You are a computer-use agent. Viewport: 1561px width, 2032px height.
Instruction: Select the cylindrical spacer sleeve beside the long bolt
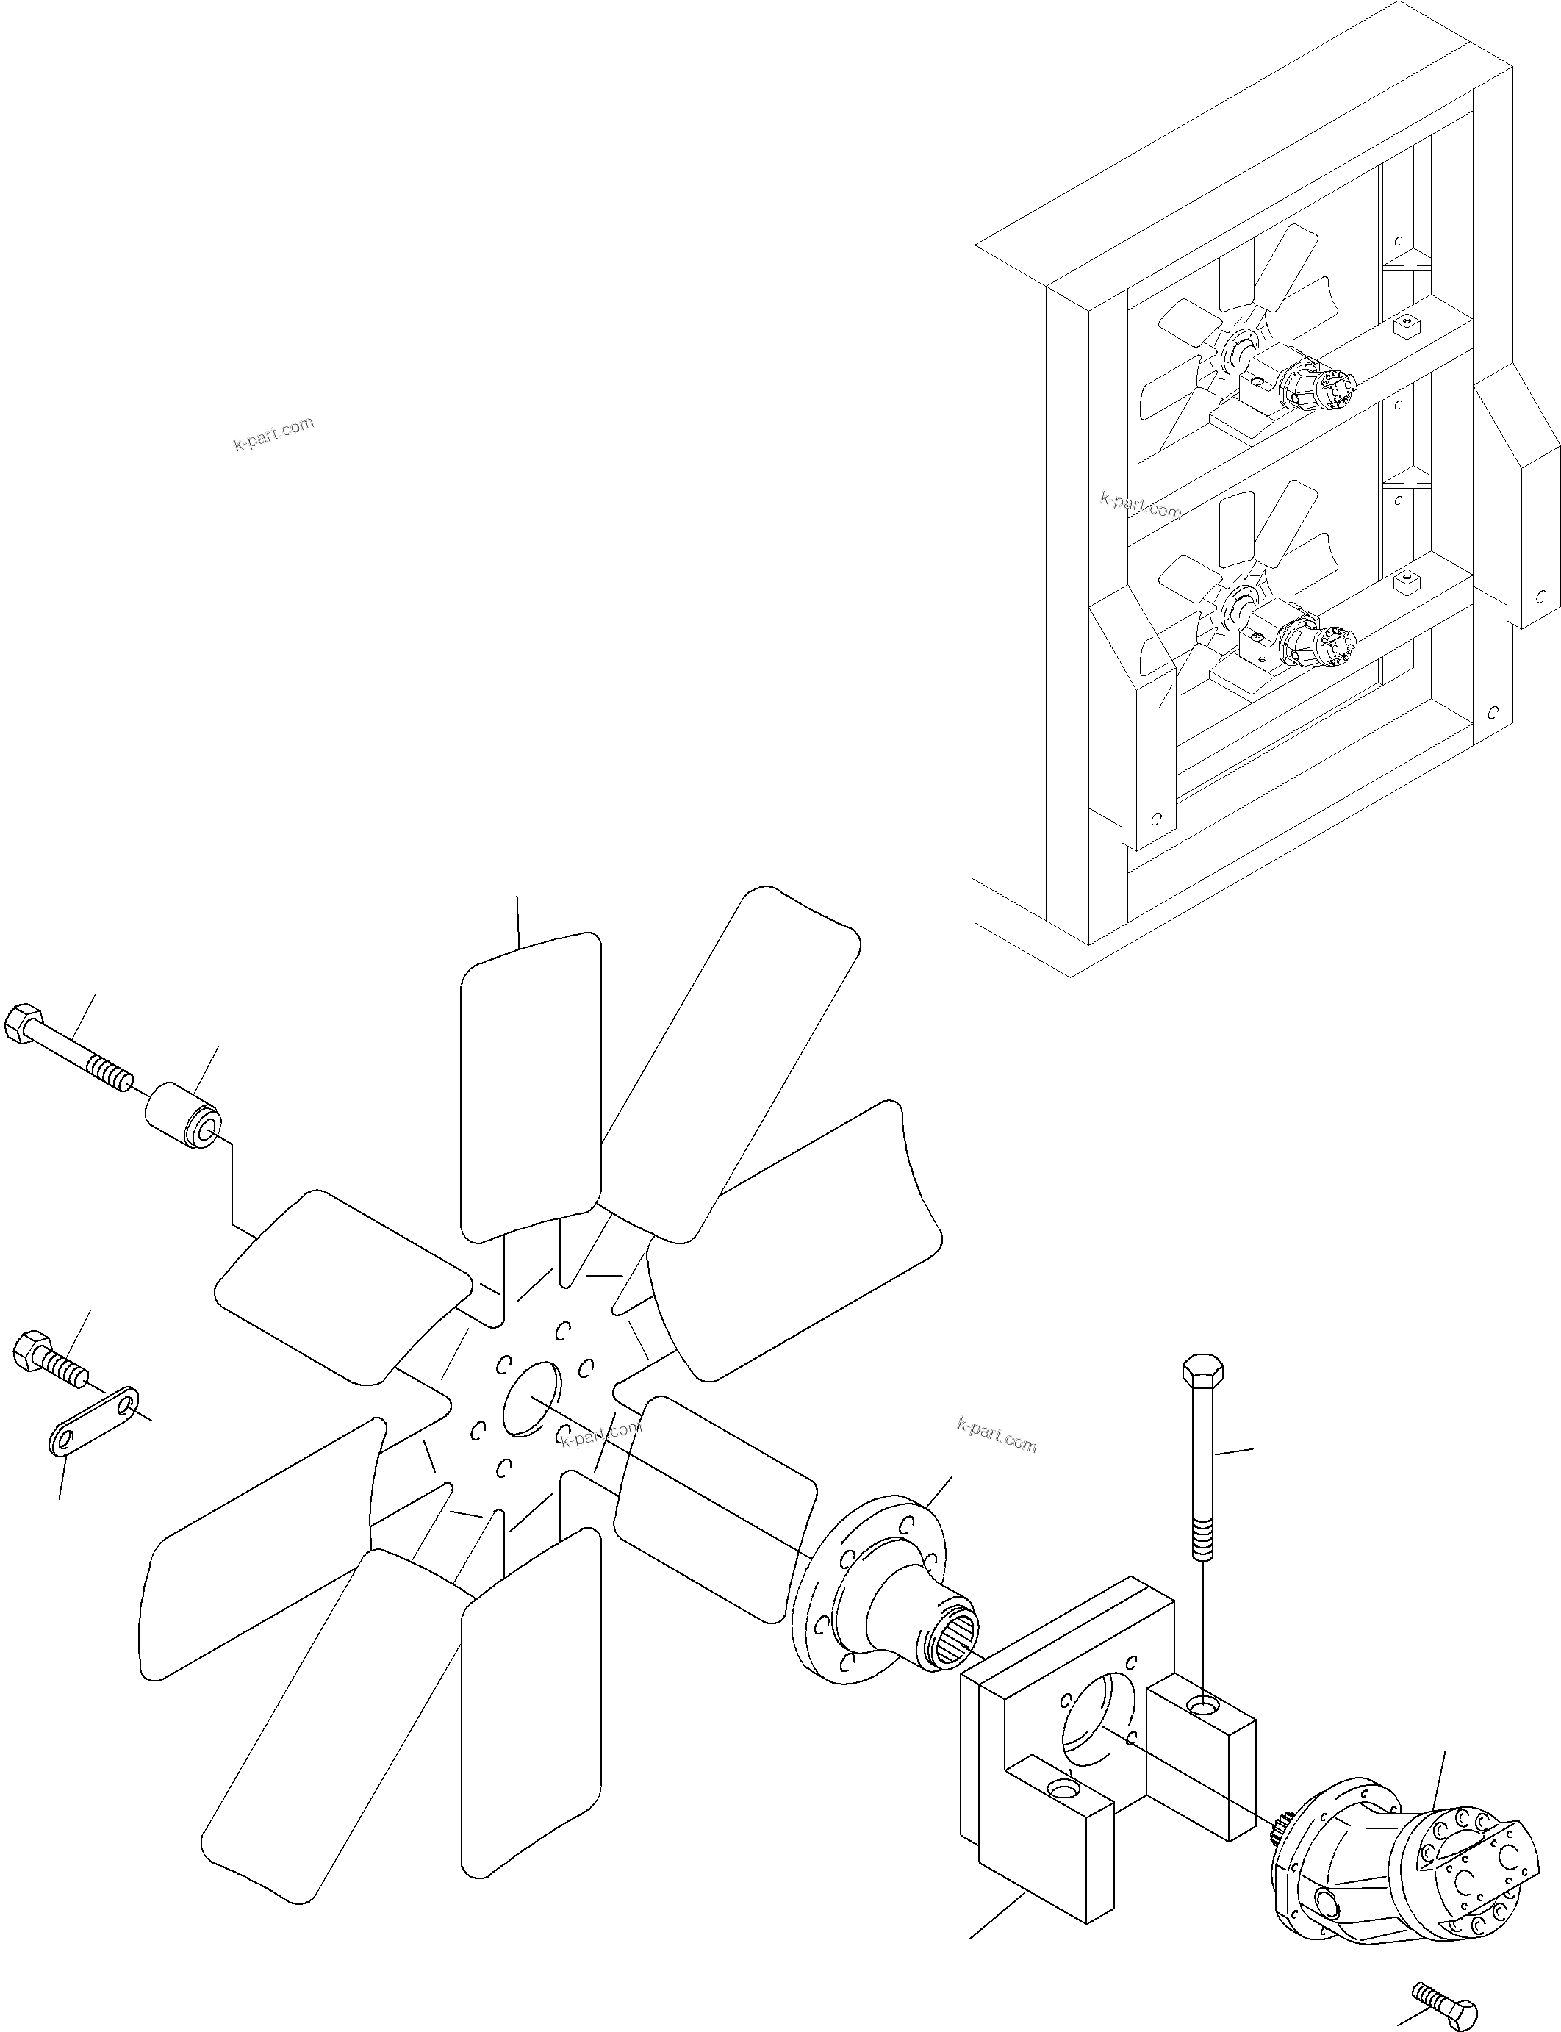click(183, 1118)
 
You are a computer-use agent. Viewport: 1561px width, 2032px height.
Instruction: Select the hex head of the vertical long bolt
click(1202, 1371)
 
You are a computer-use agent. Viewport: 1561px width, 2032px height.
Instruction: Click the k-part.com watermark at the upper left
click(274, 433)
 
